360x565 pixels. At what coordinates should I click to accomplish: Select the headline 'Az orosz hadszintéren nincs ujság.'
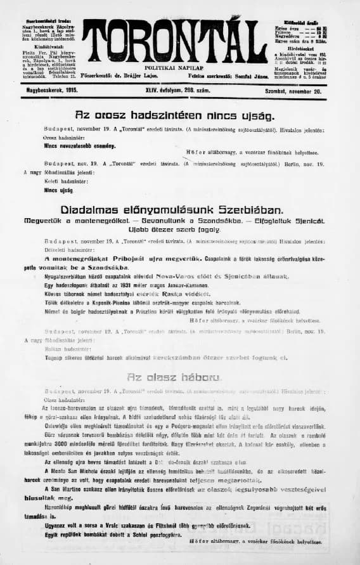point(175,116)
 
